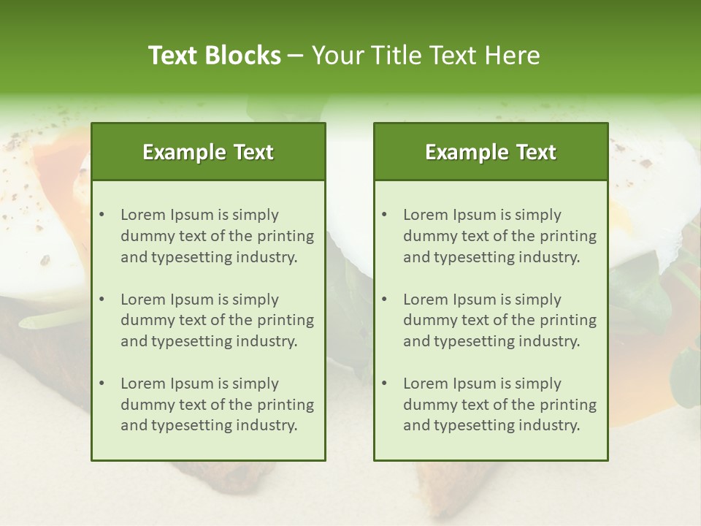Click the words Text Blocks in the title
point(215,56)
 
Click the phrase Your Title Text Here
point(426,56)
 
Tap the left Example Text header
point(208,152)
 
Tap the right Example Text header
point(491,152)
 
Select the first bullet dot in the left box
point(101,215)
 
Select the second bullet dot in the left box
point(101,300)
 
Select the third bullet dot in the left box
point(101,384)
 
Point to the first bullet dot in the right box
point(384,215)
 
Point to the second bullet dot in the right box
point(384,300)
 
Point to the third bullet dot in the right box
point(384,384)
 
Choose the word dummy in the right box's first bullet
point(428,236)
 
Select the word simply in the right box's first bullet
point(538,215)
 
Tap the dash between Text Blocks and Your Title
point(296,56)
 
